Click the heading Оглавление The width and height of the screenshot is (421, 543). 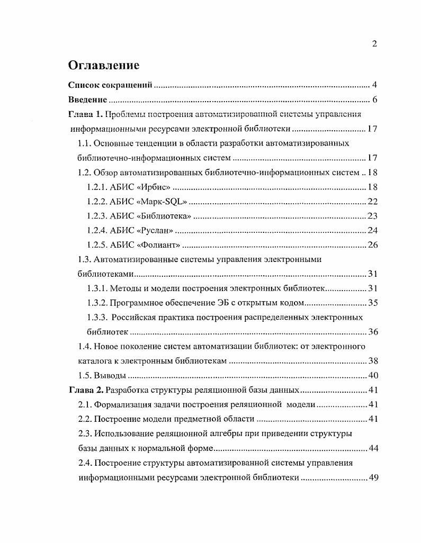click(x=104, y=65)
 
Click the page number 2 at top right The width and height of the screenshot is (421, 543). click(x=374, y=44)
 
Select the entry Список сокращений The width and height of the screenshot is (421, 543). click(x=111, y=85)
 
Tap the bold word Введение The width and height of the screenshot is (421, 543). click(x=88, y=99)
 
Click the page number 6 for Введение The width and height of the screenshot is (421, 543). click(x=374, y=99)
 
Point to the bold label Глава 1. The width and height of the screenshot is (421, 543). click(x=86, y=114)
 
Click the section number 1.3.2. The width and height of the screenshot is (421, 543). click(x=97, y=303)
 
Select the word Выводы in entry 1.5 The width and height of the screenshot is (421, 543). click(x=110, y=376)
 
